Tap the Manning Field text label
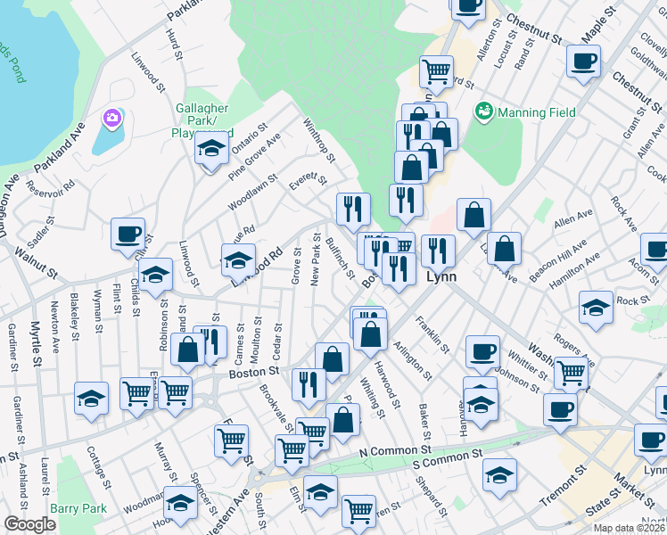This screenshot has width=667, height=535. pos(536,112)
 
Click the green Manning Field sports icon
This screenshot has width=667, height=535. pos(484,111)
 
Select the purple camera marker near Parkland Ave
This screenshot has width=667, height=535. pos(112,118)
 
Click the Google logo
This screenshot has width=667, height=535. pos(29,524)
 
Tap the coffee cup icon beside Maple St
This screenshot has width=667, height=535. pos(583,62)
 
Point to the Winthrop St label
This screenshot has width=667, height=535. pos(318,141)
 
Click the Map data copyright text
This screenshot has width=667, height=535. pos(629,528)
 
